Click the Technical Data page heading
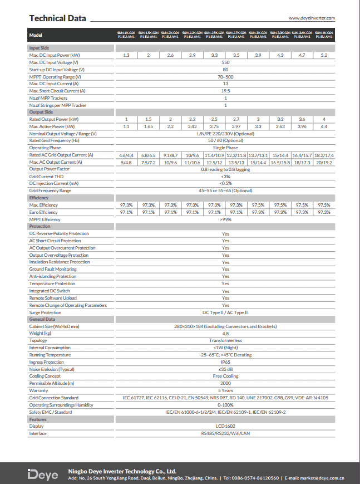pos(58,18)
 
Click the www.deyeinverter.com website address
pos(312,18)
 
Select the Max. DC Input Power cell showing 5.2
pos(324,55)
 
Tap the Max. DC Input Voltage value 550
pos(225,62)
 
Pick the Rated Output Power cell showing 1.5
pos(149,119)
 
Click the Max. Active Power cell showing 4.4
pos(324,126)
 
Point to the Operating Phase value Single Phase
pos(225,148)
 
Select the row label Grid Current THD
pos(47,176)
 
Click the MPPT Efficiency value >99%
pos(225,219)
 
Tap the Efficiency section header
pos(39,198)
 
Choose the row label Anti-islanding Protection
pos(53,276)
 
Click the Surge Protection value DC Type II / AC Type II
pos(225,312)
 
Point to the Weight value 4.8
pos(225,333)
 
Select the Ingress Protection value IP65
pos(225,362)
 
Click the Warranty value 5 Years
pos(225,390)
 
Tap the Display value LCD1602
pos(225,426)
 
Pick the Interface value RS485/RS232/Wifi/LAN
pos(225,433)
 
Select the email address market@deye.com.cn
pos(323,478)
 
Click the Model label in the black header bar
pos(36,36)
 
